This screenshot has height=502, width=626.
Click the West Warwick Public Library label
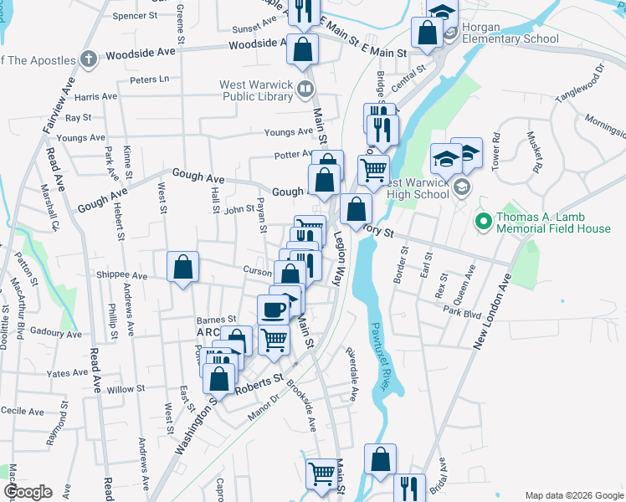click(x=255, y=90)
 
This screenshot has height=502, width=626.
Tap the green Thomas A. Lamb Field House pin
click(x=481, y=222)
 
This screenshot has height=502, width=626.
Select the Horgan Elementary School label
click(x=510, y=33)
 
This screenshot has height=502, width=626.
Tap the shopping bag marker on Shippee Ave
click(x=183, y=268)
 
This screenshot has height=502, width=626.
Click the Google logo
click(x=27, y=492)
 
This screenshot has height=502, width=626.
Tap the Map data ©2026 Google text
click(x=573, y=495)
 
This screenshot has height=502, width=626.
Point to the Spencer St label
click(x=135, y=16)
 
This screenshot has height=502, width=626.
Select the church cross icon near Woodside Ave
click(x=90, y=59)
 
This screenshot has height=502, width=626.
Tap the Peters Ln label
click(x=149, y=79)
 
